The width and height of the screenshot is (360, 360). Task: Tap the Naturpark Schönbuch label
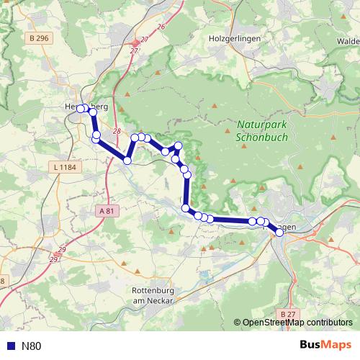(262, 130)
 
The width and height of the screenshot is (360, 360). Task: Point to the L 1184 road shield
(64, 167)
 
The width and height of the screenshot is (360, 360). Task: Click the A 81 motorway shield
(106, 211)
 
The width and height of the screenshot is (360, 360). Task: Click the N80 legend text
(32, 346)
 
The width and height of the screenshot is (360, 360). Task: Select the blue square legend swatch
(10, 346)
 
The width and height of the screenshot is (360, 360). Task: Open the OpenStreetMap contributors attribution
(297, 323)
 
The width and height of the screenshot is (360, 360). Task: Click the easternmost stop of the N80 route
(279, 232)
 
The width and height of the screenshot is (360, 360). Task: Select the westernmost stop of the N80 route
(81, 108)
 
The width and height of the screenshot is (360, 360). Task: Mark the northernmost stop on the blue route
(81, 108)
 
